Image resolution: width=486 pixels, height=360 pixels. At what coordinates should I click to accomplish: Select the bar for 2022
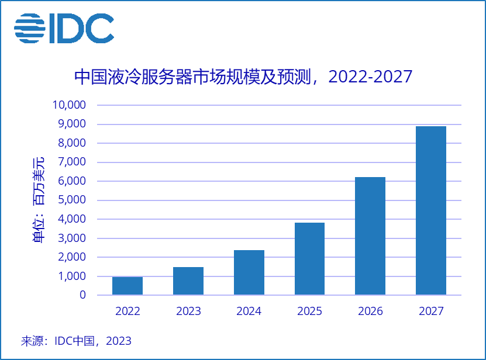tap(127, 286)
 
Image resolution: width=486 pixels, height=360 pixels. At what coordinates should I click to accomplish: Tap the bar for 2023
tap(188, 281)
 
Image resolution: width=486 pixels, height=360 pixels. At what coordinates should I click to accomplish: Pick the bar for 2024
tap(249, 272)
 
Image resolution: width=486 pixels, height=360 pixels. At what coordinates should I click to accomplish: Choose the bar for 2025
tap(309, 259)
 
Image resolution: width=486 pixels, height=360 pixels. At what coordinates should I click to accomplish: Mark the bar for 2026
tap(370, 236)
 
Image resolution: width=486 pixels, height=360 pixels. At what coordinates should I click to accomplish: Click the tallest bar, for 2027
tap(431, 210)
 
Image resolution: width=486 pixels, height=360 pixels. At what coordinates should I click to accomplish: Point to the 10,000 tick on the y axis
tap(69, 105)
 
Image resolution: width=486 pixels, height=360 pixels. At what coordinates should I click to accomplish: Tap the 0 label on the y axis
tap(82, 295)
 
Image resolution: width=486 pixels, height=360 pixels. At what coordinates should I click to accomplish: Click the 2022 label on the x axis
tap(127, 311)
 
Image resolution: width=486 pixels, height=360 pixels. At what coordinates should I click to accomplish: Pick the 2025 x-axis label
tap(309, 311)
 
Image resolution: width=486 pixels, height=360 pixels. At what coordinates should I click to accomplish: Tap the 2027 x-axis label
tap(431, 311)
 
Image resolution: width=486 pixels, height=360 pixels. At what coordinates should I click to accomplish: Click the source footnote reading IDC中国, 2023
tap(76, 341)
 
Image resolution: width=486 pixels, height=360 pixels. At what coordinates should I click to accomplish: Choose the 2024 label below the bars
tap(249, 311)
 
